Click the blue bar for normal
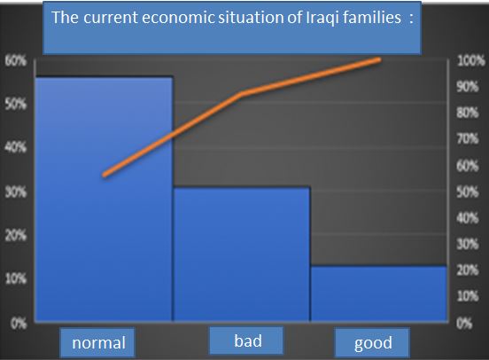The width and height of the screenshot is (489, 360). (104, 199)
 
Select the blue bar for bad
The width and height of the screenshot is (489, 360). (242, 254)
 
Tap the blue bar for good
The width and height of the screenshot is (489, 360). (378, 293)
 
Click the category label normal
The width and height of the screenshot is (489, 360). (98, 342)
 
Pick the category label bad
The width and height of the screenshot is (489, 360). (248, 340)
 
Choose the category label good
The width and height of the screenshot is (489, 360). (373, 343)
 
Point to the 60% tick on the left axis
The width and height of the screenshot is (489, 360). (16, 60)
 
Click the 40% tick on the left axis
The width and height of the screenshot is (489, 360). (16, 146)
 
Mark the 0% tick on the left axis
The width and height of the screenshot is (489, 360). (19, 324)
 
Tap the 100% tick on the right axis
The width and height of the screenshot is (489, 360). (470, 60)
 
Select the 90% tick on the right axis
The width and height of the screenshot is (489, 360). (468, 87)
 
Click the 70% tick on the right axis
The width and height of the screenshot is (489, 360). (468, 138)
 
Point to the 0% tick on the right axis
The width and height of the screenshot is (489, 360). (464, 324)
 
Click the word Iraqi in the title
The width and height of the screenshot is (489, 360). (322, 18)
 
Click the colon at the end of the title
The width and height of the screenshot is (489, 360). (411, 19)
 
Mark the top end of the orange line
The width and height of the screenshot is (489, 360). (379, 59)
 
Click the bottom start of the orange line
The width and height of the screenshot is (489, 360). (105, 176)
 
